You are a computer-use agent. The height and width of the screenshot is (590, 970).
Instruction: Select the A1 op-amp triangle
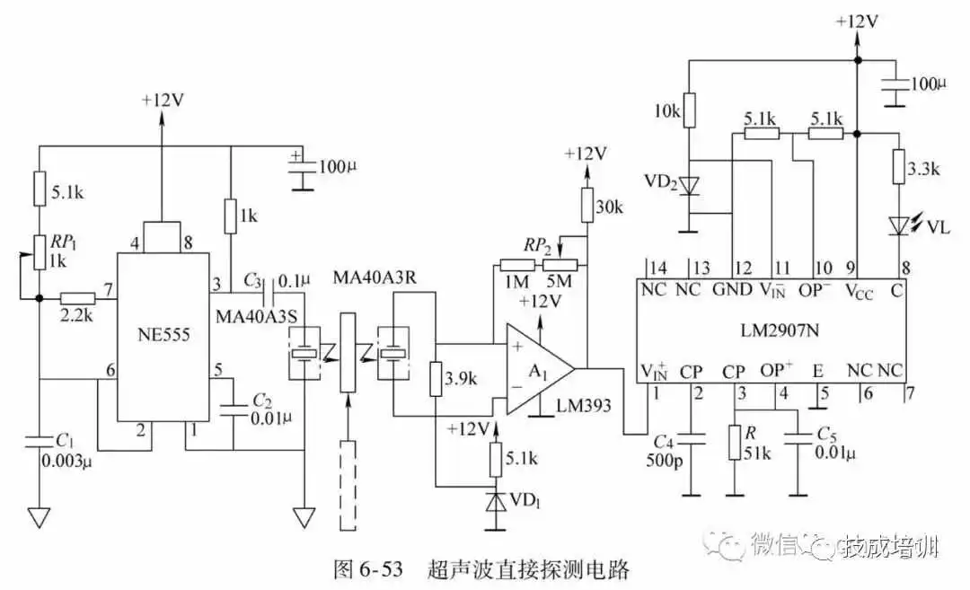pos(536,368)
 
